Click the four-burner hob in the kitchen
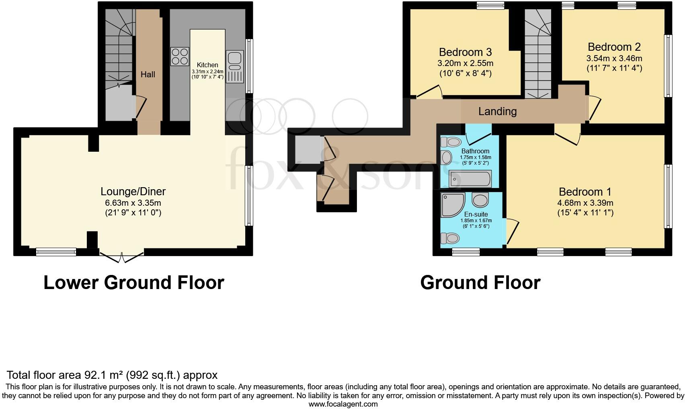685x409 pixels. pos(180,57)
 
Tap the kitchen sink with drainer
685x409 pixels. pos(235,66)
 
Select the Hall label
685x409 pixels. pos(148,74)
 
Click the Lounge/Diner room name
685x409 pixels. pos(133,192)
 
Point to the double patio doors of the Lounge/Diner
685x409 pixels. pos(121,256)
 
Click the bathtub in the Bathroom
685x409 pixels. pos(470,179)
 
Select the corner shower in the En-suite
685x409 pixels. pos(452,204)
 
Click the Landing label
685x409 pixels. pos(497,112)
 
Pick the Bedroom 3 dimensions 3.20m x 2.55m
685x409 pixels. pos(465,64)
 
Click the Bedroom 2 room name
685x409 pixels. pos(614,47)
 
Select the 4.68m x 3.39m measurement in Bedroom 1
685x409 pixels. pos(585,203)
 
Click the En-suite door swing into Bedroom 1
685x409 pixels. pos(512,231)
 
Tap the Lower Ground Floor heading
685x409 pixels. pos(133,283)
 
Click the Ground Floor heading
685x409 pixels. pos(480,283)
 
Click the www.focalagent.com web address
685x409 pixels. pos(343,404)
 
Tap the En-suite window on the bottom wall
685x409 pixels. pos(466,252)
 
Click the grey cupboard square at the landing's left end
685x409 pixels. pos(308,150)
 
